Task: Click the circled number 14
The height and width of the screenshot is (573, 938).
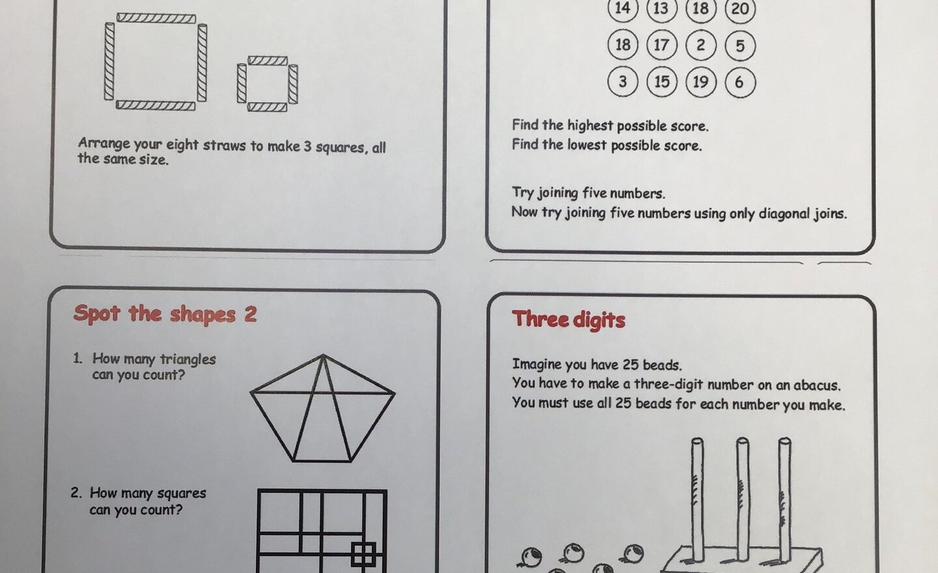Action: point(623,8)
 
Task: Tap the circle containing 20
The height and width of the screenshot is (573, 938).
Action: point(740,9)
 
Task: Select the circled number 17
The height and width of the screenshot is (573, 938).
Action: point(661,45)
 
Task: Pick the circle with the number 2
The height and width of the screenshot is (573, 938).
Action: point(701,45)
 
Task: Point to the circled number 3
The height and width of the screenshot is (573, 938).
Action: point(623,81)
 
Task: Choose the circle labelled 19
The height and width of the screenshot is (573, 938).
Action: point(701,81)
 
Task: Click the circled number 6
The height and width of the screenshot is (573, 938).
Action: point(739,82)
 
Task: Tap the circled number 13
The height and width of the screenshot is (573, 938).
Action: point(661,8)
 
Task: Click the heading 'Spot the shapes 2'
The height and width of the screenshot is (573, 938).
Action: point(165,314)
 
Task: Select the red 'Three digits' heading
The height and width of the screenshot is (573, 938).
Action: point(569,319)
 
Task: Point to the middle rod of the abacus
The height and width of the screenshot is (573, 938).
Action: point(742,495)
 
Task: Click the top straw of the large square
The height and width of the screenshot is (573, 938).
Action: point(156,18)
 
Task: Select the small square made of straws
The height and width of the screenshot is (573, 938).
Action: point(267,83)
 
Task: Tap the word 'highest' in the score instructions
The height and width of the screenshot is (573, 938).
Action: point(590,125)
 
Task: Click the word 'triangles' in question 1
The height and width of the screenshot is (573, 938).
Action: point(188,359)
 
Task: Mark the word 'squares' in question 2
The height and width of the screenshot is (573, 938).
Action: point(181,494)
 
